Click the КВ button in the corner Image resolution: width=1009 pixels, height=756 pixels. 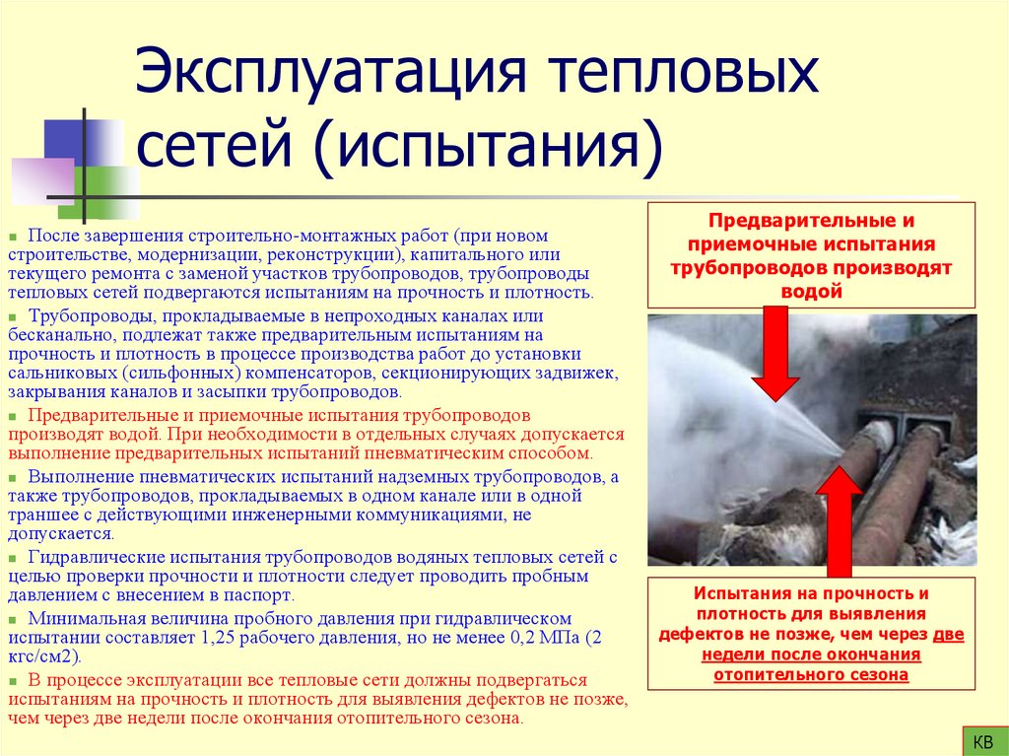(x=982, y=739)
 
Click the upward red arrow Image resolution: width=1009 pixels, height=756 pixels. (x=840, y=517)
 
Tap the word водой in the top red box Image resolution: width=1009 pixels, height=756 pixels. (x=811, y=291)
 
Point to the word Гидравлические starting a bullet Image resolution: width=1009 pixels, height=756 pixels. (x=89, y=558)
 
